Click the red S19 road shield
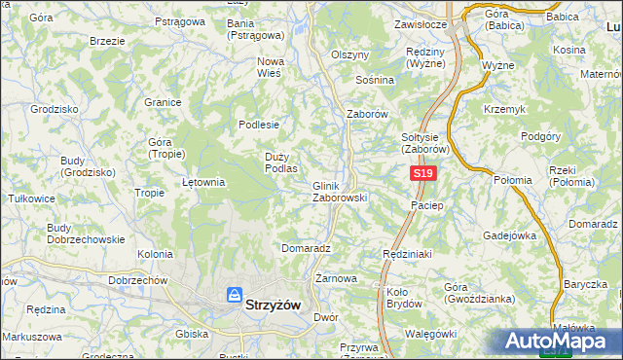click(x=421, y=173)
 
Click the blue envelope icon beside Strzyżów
click(x=235, y=295)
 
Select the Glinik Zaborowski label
click(x=339, y=191)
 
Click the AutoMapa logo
click(x=558, y=341)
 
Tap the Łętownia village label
click(x=204, y=181)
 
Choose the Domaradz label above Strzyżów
click(x=307, y=248)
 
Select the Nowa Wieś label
click(x=270, y=66)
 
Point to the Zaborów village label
click(x=368, y=114)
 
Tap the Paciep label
click(x=427, y=205)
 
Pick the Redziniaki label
click(x=406, y=253)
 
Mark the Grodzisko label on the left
click(x=55, y=110)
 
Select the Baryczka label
click(x=585, y=284)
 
